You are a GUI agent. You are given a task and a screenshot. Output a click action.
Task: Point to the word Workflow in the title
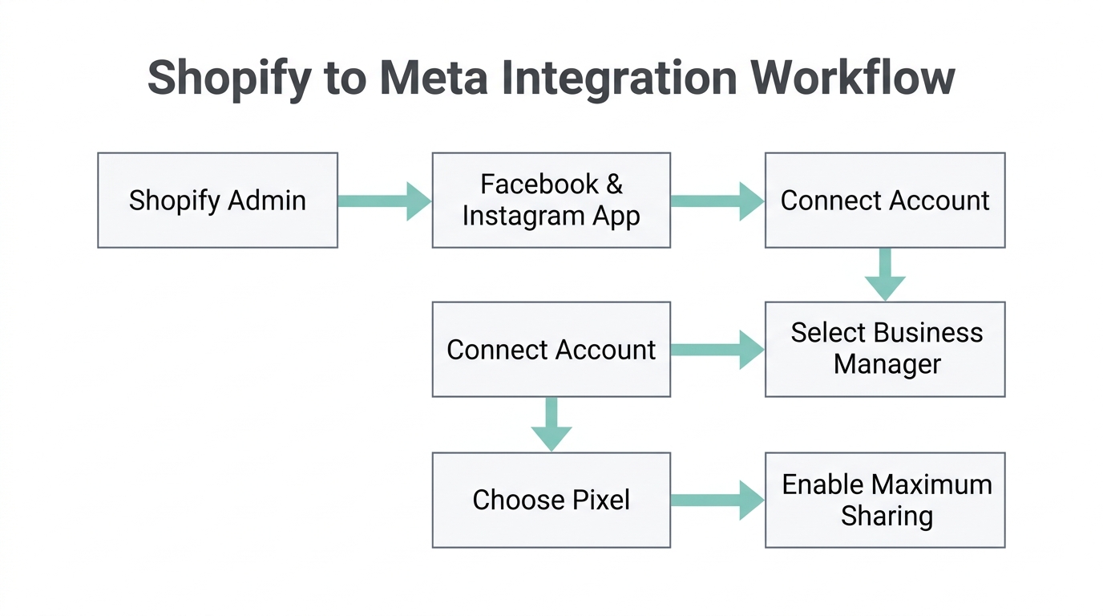click(x=853, y=79)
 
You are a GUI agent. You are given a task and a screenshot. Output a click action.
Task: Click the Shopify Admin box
click(x=217, y=201)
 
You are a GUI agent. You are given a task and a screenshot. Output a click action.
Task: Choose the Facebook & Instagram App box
click(x=551, y=201)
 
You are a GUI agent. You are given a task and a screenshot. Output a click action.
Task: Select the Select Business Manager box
click(x=885, y=349)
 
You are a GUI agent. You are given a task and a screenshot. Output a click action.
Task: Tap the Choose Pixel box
click(x=551, y=500)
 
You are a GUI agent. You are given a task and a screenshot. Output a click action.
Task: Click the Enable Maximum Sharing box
click(x=885, y=500)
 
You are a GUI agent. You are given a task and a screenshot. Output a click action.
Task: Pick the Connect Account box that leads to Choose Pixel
click(x=551, y=349)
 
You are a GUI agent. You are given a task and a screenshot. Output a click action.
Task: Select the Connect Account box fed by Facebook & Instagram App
click(x=885, y=201)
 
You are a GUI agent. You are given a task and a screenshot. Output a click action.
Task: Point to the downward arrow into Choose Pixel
click(x=551, y=424)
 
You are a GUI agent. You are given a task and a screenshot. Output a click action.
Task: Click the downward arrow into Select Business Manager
click(x=885, y=274)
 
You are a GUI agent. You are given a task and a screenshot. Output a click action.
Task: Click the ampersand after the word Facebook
click(x=614, y=184)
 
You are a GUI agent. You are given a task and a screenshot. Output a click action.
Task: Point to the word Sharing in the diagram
click(x=887, y=516)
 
